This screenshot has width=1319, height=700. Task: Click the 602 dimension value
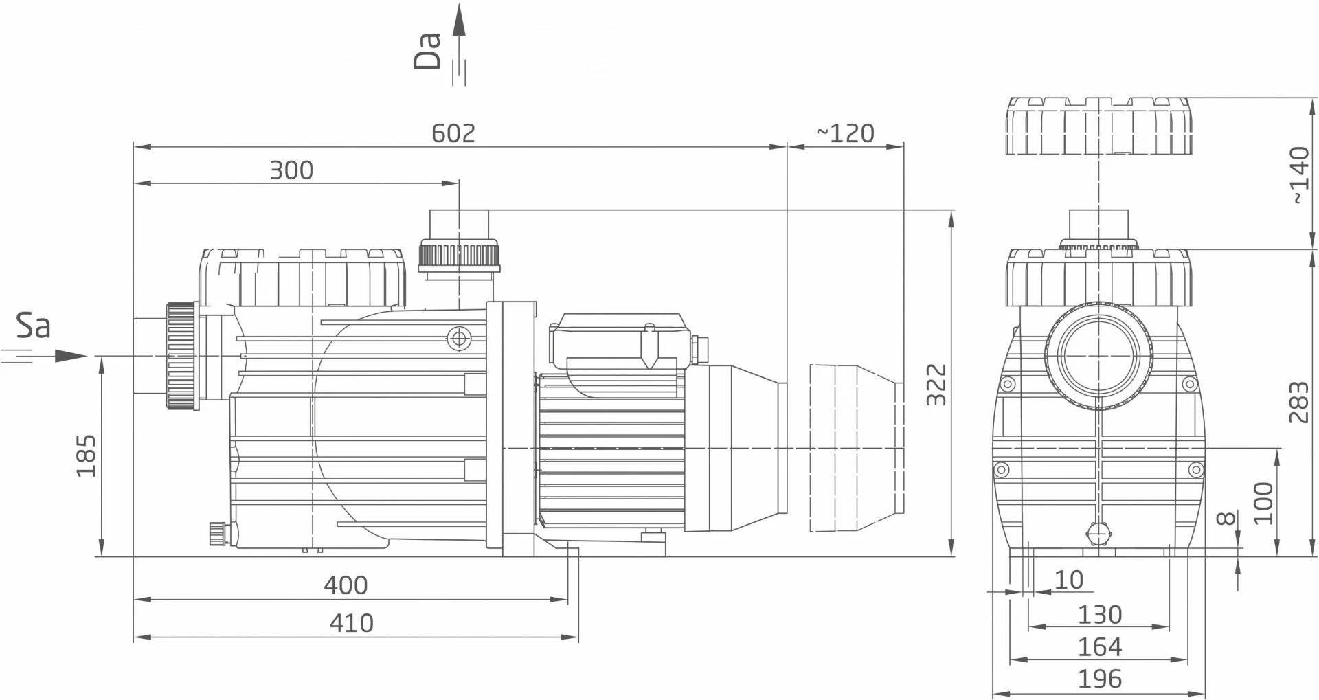click(x=453, y=133)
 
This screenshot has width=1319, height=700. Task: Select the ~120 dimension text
click(x=845, y=133)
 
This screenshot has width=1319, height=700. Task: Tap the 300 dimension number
click(x=291, y=170)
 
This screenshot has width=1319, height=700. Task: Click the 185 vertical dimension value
click(x=86, y=455)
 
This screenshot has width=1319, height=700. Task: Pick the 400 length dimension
click(x=346, y=585)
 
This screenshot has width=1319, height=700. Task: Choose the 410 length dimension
click(x=352, y=622)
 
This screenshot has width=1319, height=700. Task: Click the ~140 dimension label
click(x=1298, y=175)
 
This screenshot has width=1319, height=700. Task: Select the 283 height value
click(x=1298, y=402)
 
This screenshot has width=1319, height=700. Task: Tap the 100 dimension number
click(x=1263, y=503)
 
